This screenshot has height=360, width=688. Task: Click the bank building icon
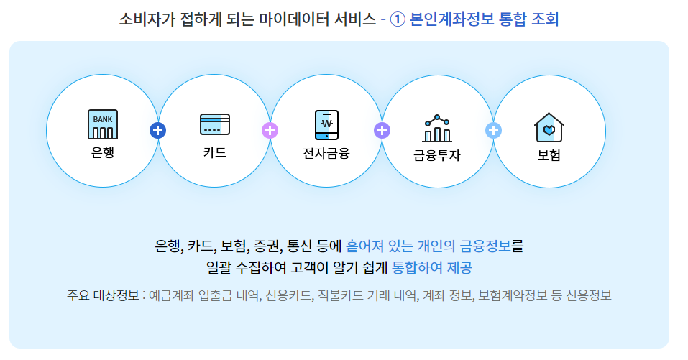(103, 124)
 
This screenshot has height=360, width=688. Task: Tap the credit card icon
(215, 124)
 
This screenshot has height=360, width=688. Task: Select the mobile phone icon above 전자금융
(326, 124)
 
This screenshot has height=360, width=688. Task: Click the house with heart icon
(549, 128)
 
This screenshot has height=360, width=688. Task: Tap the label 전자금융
(326, 152)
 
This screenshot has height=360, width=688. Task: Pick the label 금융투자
(437, 154)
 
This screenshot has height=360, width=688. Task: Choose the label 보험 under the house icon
(549, 154)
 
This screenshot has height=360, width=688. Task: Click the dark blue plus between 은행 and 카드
(158, 130)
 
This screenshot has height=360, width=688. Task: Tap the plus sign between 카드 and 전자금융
(270, 130)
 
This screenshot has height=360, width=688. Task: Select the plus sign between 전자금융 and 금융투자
(382, 130)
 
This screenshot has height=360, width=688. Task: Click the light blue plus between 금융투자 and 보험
(494, 130)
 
